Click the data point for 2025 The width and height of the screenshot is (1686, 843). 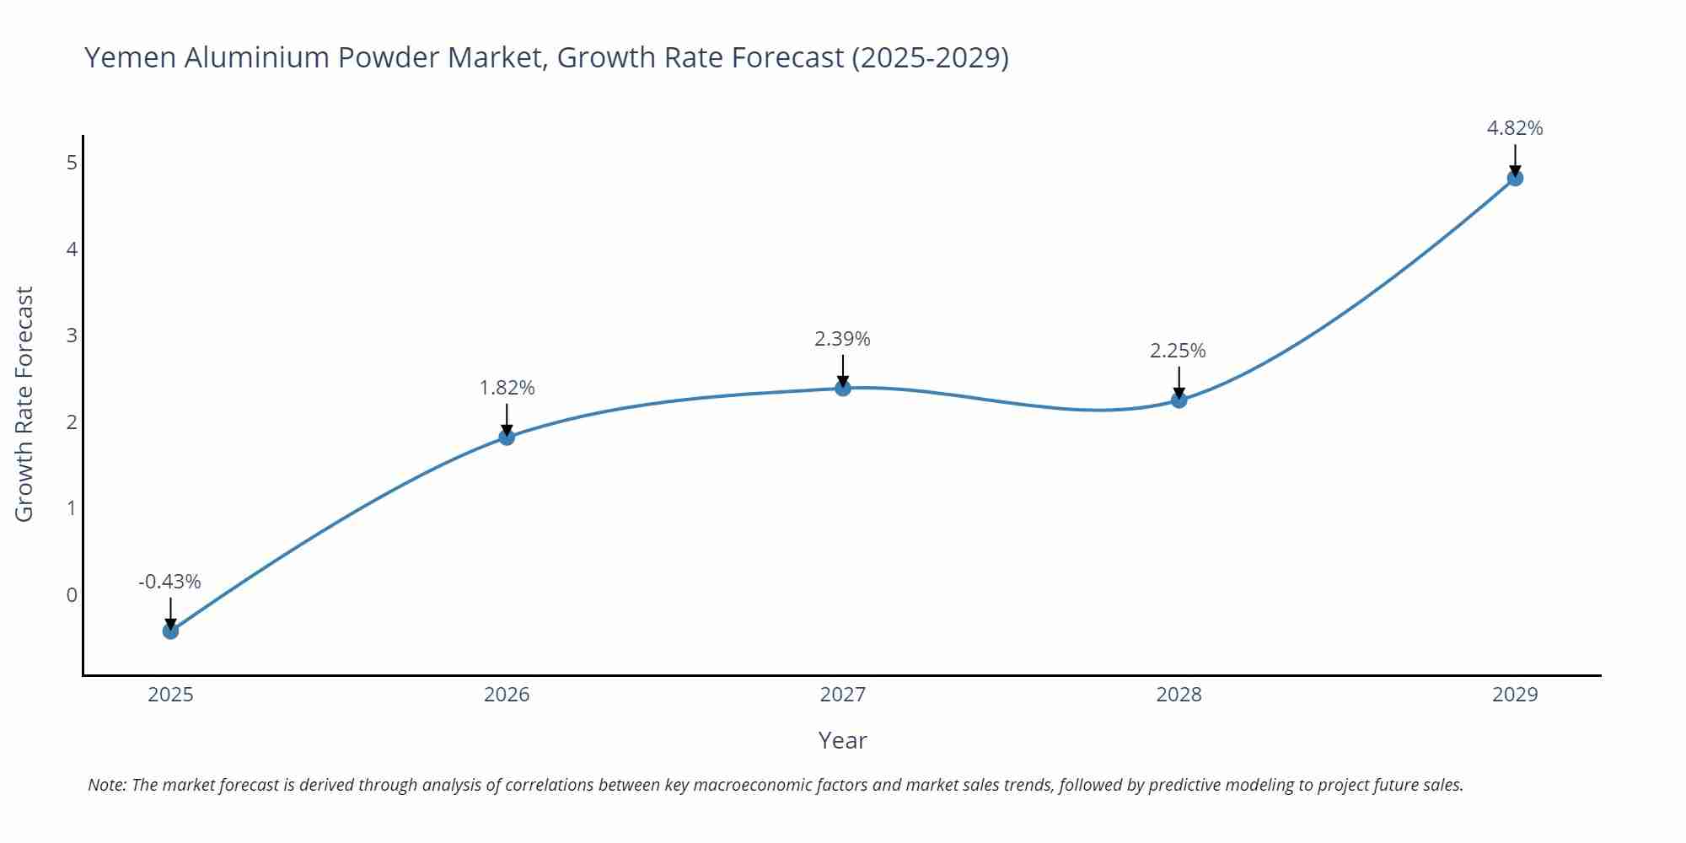[170, 631]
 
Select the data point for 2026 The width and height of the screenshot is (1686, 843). [507, 437]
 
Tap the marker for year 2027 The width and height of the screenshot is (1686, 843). [842, 388]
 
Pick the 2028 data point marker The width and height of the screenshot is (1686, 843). [1179, 400]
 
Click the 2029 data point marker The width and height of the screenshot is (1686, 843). [1515, 178]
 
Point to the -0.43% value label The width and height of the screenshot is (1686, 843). [169, 582]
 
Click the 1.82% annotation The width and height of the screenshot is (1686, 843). [507, 388]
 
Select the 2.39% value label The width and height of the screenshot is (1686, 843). [842, 339]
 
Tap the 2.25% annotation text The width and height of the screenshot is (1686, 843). [1178, 351]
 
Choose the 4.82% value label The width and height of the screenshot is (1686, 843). [1515, 128]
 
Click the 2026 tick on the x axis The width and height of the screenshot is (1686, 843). [507, 695]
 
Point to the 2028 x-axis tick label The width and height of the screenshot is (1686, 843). [1179, 695]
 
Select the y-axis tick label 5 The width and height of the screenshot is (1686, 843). [72, 162]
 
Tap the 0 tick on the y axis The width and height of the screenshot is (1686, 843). [72, 595]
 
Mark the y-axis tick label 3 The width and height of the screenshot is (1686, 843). [72, 336]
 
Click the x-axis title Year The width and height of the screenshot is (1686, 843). [842, 740]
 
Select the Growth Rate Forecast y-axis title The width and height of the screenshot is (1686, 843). [24, 404]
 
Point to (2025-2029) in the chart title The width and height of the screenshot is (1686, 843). [930, 57]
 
